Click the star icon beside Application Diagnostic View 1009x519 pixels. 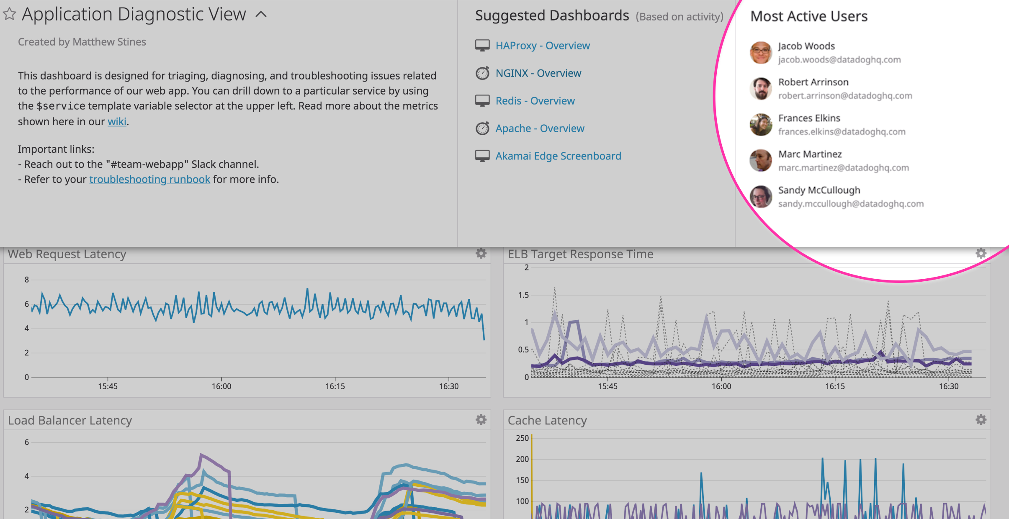point(9,14)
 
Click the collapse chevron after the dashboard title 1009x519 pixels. point(261,15)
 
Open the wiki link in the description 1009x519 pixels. point(117,121)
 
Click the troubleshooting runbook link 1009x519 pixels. point(149,179)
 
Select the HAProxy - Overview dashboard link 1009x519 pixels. point(542,46)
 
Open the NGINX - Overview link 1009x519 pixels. point(538,73)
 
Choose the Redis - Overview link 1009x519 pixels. point(535,101)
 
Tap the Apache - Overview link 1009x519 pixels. point(540,128)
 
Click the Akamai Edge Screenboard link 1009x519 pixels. point(558,156)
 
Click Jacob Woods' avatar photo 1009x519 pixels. point(761,53)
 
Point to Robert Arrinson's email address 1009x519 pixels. point(845,96)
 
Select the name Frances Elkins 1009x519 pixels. point(809,118)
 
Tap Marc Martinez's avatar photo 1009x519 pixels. point(761,161)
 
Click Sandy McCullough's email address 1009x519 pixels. point(851,204)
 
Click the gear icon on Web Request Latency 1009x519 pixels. point(481,253)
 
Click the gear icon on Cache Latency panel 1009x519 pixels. point(981,419)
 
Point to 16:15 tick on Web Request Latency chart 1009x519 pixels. point(335,386)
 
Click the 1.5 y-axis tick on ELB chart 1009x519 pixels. point(523,295)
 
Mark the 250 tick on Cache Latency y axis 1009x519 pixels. point(522,438)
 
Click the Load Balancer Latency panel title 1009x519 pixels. point(70,420)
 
